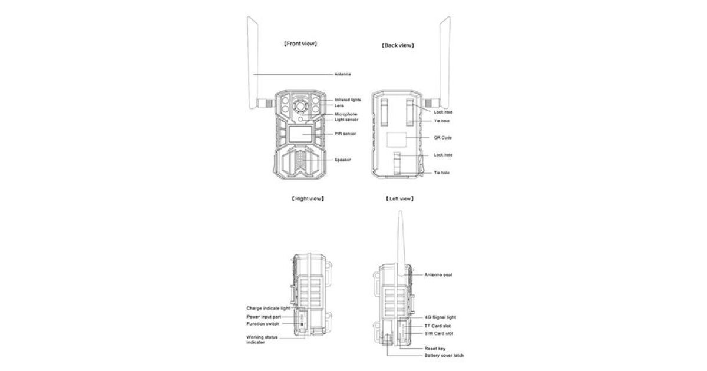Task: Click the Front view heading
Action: click(x=300, y=44)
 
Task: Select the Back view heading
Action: click(x=398, y=45)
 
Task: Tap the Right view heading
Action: click(x=308, y=198)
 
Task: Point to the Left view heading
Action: click(x=399, y=198)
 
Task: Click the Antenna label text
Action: click(x=342, y=74)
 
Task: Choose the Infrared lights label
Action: click(x=348, y=100)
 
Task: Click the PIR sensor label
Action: click(x=345, y=134)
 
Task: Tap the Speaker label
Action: click(x=342, y=160)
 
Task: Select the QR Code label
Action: click(x=442, y=138)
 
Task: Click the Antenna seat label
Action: click(x=438, y=275)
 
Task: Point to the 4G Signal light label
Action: click(x=440, y=317)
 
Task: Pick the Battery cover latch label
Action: click(x=444, y=355)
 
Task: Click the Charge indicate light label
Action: click(x=268, y=308)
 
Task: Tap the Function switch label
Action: click(x=263, y=324)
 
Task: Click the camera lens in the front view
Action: click(x=300, y=107)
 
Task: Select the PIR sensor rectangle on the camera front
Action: click(x=300, y=134)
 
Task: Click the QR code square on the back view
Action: click(x=397, y=140)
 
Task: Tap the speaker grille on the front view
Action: click(x=300, y=160)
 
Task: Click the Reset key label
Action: click(x=435, y=349)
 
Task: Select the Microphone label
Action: click(x=346, y=114)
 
